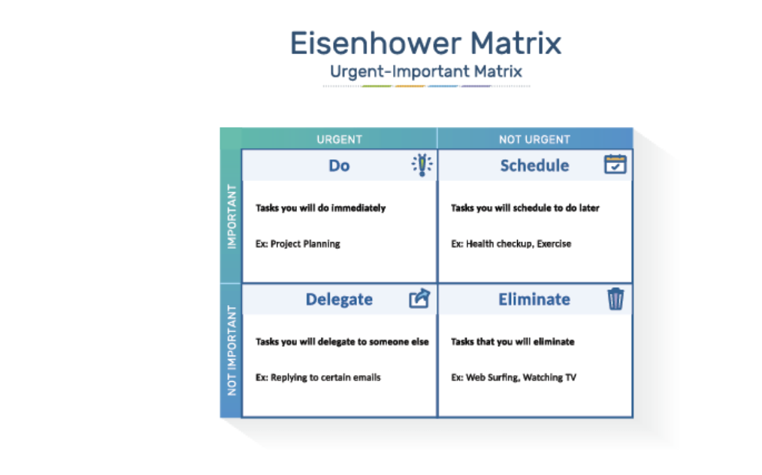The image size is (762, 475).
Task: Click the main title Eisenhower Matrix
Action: pos(425,43)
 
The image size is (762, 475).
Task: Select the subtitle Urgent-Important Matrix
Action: pos(425,71)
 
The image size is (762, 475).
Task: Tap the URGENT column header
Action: pos(339,140)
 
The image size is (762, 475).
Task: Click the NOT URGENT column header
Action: pos(534,140)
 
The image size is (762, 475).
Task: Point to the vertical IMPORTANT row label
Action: pos(231,216)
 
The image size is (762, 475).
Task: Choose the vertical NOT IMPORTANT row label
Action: pos(231,350)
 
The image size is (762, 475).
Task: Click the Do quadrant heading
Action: pos(339,165)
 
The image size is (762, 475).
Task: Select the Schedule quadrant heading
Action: pos(534,165)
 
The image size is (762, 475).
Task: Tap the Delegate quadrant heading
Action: pos(339,299)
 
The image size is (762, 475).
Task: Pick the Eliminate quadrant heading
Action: pos(534,299)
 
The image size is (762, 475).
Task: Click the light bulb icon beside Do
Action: pos(422,165)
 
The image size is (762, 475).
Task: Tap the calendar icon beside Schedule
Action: pos(615,164)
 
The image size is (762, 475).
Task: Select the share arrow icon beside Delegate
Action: pos(419,298)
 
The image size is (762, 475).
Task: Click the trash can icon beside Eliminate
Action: pos(615,298)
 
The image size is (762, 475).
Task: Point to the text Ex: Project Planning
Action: pos(298,244)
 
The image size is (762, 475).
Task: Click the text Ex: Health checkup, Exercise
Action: pos(511,244)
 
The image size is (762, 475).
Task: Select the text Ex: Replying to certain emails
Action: pos(318,377)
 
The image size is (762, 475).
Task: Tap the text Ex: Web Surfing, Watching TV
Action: pos(514,377)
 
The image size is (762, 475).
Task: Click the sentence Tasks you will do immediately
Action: pos(321,208)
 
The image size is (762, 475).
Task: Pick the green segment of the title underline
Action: pos(376,86)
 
